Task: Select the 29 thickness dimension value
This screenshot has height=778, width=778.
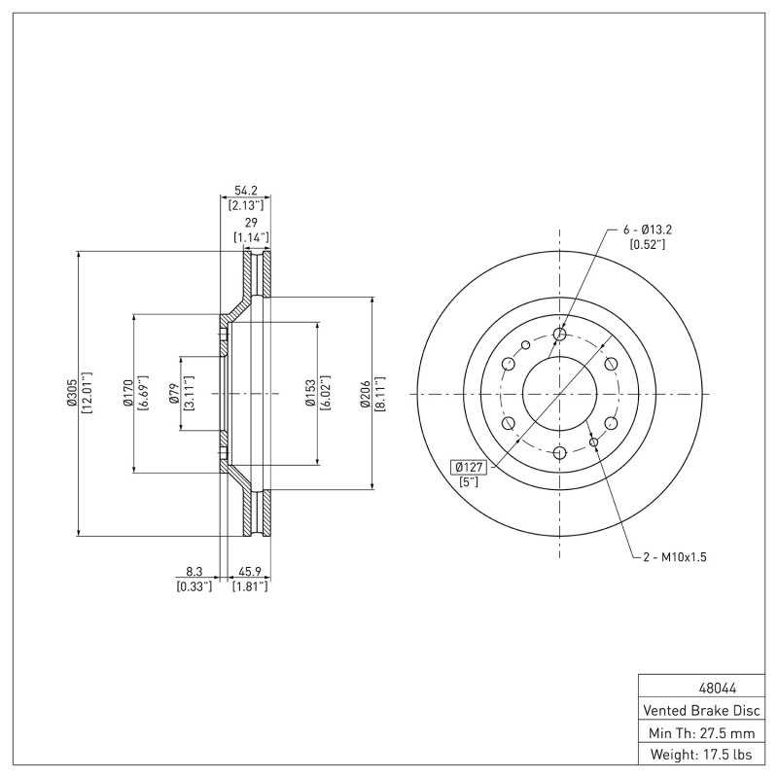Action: (x=251, y=223)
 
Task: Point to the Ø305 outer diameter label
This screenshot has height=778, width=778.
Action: (x=72, y=393)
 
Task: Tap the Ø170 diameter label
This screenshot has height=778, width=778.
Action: (x=127, y=393)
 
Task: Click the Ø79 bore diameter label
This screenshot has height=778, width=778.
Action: (x=173, y=393)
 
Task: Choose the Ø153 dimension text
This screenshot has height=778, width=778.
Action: (x=311, y=393)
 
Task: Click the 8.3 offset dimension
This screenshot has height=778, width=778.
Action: (x=194, y=573)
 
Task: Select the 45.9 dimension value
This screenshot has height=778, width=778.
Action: (x=250, y=573)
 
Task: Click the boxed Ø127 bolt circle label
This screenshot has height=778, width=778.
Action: (x=468, y=466)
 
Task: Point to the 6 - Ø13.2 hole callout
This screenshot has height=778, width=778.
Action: (x=648, y=230)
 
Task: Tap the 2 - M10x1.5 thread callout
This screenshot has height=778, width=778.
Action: (x=674, y=557)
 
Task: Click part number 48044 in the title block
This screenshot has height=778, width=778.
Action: (x=699, y=687)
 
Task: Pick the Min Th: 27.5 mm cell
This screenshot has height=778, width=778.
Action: (x=699, y=731)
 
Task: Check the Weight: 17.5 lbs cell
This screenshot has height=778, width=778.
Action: (x=699, y=754)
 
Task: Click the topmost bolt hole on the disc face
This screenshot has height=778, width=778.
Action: (x=559, y=335)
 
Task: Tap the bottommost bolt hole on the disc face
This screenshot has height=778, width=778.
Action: (x=559, y=452)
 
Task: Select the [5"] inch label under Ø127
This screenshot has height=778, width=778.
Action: (x=468, y=482)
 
